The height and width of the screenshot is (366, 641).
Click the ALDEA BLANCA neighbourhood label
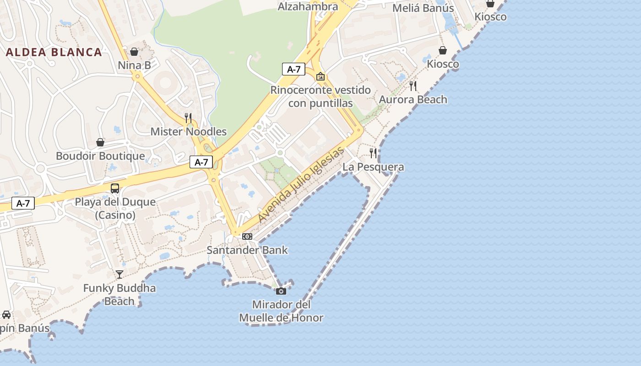54,52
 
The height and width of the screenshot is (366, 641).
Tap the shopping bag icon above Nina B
134,52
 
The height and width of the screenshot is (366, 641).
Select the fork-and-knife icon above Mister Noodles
188,118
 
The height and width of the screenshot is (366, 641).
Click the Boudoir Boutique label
100,156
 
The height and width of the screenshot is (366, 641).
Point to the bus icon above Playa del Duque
115,188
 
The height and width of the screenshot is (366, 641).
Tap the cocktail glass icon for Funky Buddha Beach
120,274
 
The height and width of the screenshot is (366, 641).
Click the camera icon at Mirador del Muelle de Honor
281,291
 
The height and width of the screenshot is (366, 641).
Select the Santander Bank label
247,250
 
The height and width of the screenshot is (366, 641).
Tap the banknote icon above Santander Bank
247,237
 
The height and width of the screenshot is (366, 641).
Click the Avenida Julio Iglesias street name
301,185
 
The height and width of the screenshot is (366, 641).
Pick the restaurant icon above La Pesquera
374,153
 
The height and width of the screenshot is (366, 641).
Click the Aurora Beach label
413,100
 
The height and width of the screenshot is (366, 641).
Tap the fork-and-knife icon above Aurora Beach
413,86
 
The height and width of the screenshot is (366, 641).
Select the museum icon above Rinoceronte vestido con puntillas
320,76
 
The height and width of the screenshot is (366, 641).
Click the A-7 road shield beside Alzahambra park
293,70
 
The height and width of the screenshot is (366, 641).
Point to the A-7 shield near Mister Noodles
201,162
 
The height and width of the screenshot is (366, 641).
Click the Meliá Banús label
424,8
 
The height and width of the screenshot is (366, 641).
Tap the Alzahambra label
308,6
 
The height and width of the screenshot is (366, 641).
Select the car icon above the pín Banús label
6,315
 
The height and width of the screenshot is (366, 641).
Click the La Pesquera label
373,167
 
